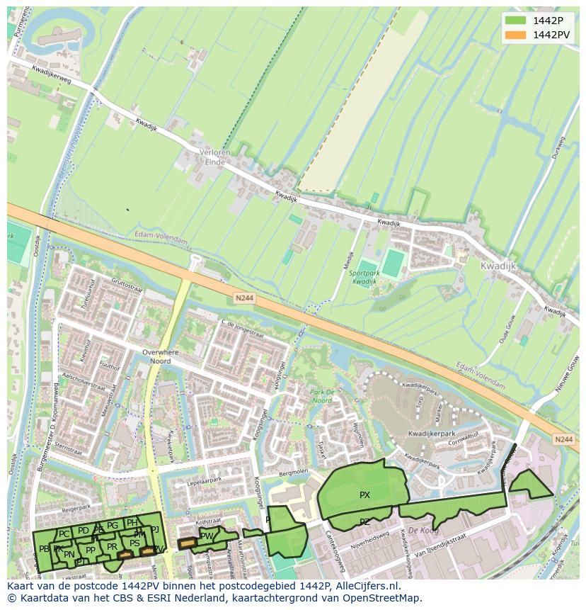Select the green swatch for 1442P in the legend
(x=515, y=21)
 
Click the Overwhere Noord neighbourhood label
(x=161, y=356)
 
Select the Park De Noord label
(x=321, y=396)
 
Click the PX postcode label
(x=364, y=495)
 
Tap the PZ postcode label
(x=364, y=522)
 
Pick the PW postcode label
(x=206, y=536)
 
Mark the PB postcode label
(x=44, y=549)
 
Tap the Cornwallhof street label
(x=463, y=443)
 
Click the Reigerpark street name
(x=78, y=508)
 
